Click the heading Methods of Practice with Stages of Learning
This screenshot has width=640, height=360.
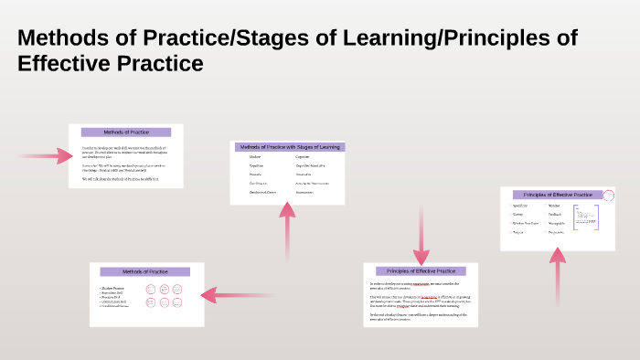(288, 147)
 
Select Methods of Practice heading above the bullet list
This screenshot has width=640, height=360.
(145, 271)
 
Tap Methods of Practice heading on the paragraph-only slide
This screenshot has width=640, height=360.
(126, 132)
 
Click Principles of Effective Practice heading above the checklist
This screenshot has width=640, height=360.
(551, 195)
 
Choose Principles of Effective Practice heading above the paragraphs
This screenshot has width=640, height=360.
(421, 271)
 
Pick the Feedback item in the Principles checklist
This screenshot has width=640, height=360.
(555, 215)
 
